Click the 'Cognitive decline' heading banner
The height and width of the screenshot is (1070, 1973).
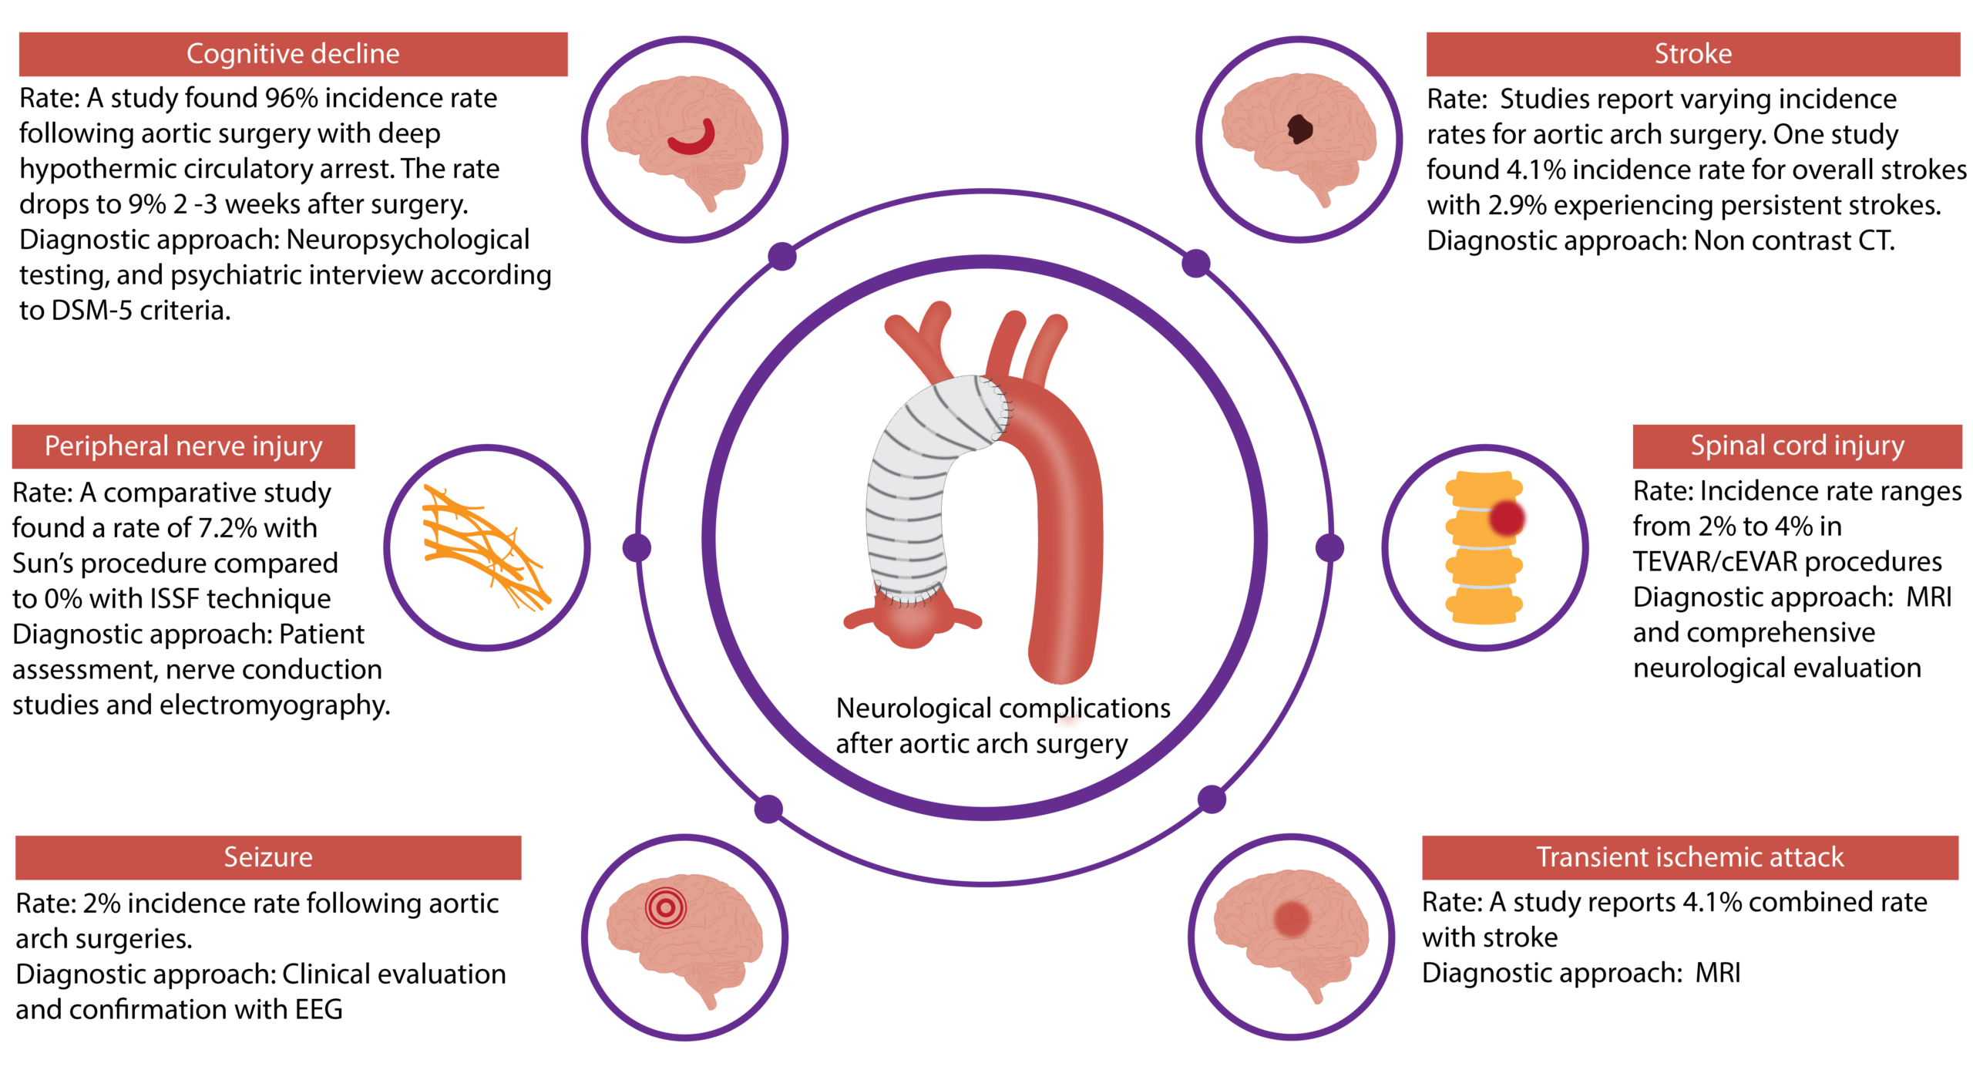[293, 54]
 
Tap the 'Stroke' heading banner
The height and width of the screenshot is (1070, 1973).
[1692, 54]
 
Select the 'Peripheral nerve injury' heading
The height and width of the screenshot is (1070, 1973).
[183, 446]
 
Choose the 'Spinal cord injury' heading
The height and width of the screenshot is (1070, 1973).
[1797, 446]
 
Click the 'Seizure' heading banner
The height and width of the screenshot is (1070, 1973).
[268, 857]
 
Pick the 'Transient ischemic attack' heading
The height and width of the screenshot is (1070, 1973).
[1689, 857]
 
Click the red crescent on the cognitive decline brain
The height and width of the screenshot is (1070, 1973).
[692, 139]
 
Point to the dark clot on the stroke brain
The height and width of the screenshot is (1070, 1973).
[1300, 130]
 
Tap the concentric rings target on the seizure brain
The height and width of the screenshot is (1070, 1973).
[666, 907]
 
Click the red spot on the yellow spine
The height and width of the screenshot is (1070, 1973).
[1507, 517]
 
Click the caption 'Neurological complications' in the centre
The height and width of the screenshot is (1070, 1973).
[1003, 708]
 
